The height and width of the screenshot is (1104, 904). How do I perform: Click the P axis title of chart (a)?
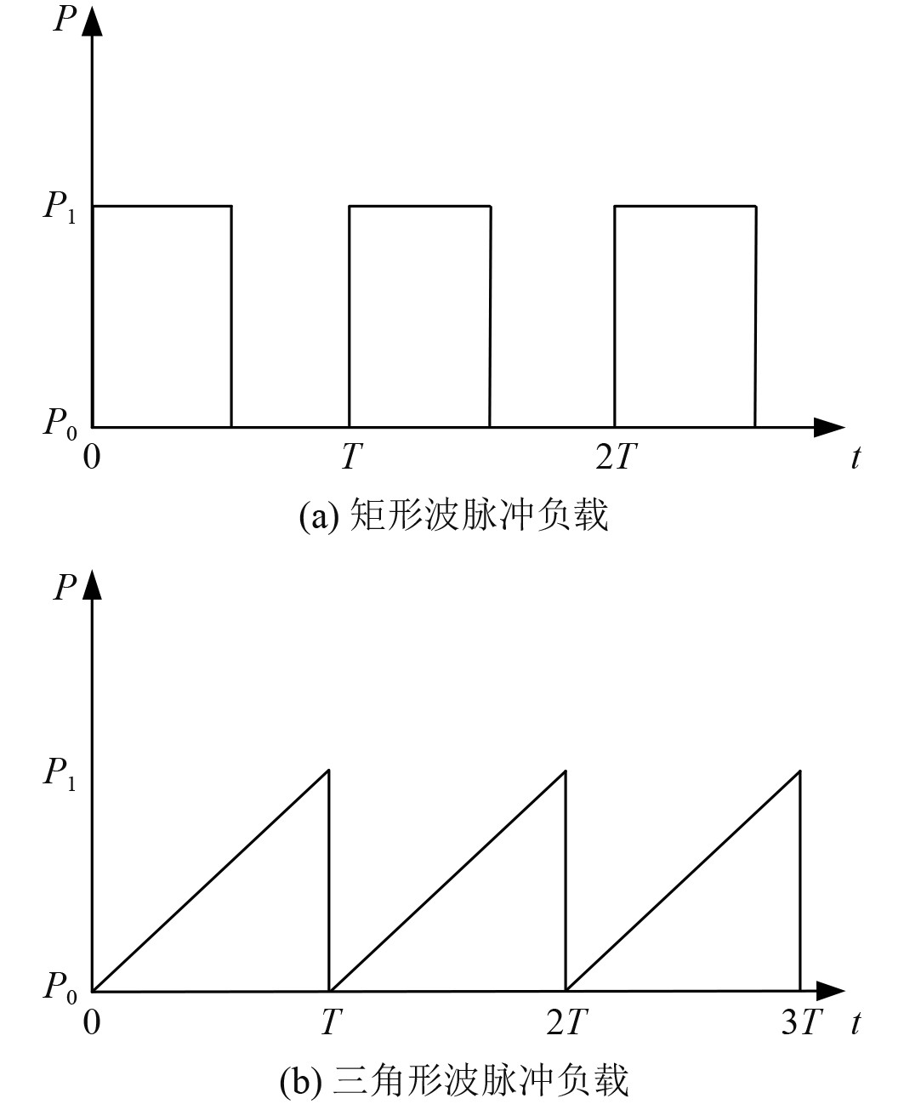(65, 19)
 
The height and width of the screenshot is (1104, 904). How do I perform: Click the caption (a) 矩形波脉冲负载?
(454, 516)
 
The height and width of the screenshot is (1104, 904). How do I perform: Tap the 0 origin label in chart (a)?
(92, 458)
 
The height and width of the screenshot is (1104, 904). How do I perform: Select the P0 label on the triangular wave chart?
(60, 987)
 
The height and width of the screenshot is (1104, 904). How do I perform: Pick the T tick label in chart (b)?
(330, 1021)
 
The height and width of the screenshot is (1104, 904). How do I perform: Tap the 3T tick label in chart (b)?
(802, 1021)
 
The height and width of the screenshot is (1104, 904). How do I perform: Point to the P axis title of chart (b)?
(65, 586)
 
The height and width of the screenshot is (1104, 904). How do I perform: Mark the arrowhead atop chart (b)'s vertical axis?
(93, 585)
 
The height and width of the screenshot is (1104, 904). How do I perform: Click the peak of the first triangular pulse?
(328, 770)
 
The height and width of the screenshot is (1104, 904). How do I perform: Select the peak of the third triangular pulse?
(800, 770)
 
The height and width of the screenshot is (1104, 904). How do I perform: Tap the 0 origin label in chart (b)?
(92, 1021)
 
